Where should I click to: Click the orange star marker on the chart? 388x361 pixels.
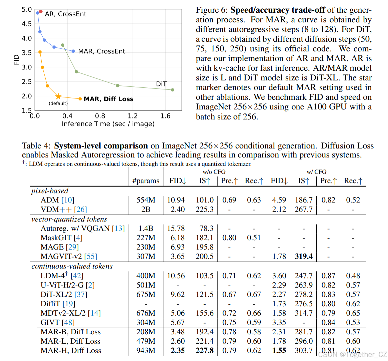pos(58,96)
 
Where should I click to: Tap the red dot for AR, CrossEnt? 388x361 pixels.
pos(41,12)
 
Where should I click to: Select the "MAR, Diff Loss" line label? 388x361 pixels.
pos(108,99)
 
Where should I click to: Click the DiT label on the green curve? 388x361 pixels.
pos(161,84)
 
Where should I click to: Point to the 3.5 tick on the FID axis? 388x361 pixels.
pos(27,53)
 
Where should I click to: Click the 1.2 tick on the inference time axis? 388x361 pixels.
pos(132,116)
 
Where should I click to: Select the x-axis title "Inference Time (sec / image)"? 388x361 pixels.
pos(108,124)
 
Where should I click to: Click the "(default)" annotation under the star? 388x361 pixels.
pos(58,103)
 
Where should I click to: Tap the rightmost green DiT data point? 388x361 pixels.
pos(172,90)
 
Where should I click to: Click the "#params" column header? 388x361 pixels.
pos(146,181)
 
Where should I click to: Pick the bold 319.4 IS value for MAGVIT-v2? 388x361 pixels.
pos(304,256)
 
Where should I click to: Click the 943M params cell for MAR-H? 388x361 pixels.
pos(146,350)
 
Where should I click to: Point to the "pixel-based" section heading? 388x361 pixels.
pos(50,191)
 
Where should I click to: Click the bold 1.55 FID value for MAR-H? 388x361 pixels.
pos(279,350)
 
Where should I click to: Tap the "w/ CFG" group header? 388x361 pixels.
pos(316,172)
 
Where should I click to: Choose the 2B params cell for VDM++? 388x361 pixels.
pos(146,209)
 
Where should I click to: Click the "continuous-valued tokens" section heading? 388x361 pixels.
pos(72,266)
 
